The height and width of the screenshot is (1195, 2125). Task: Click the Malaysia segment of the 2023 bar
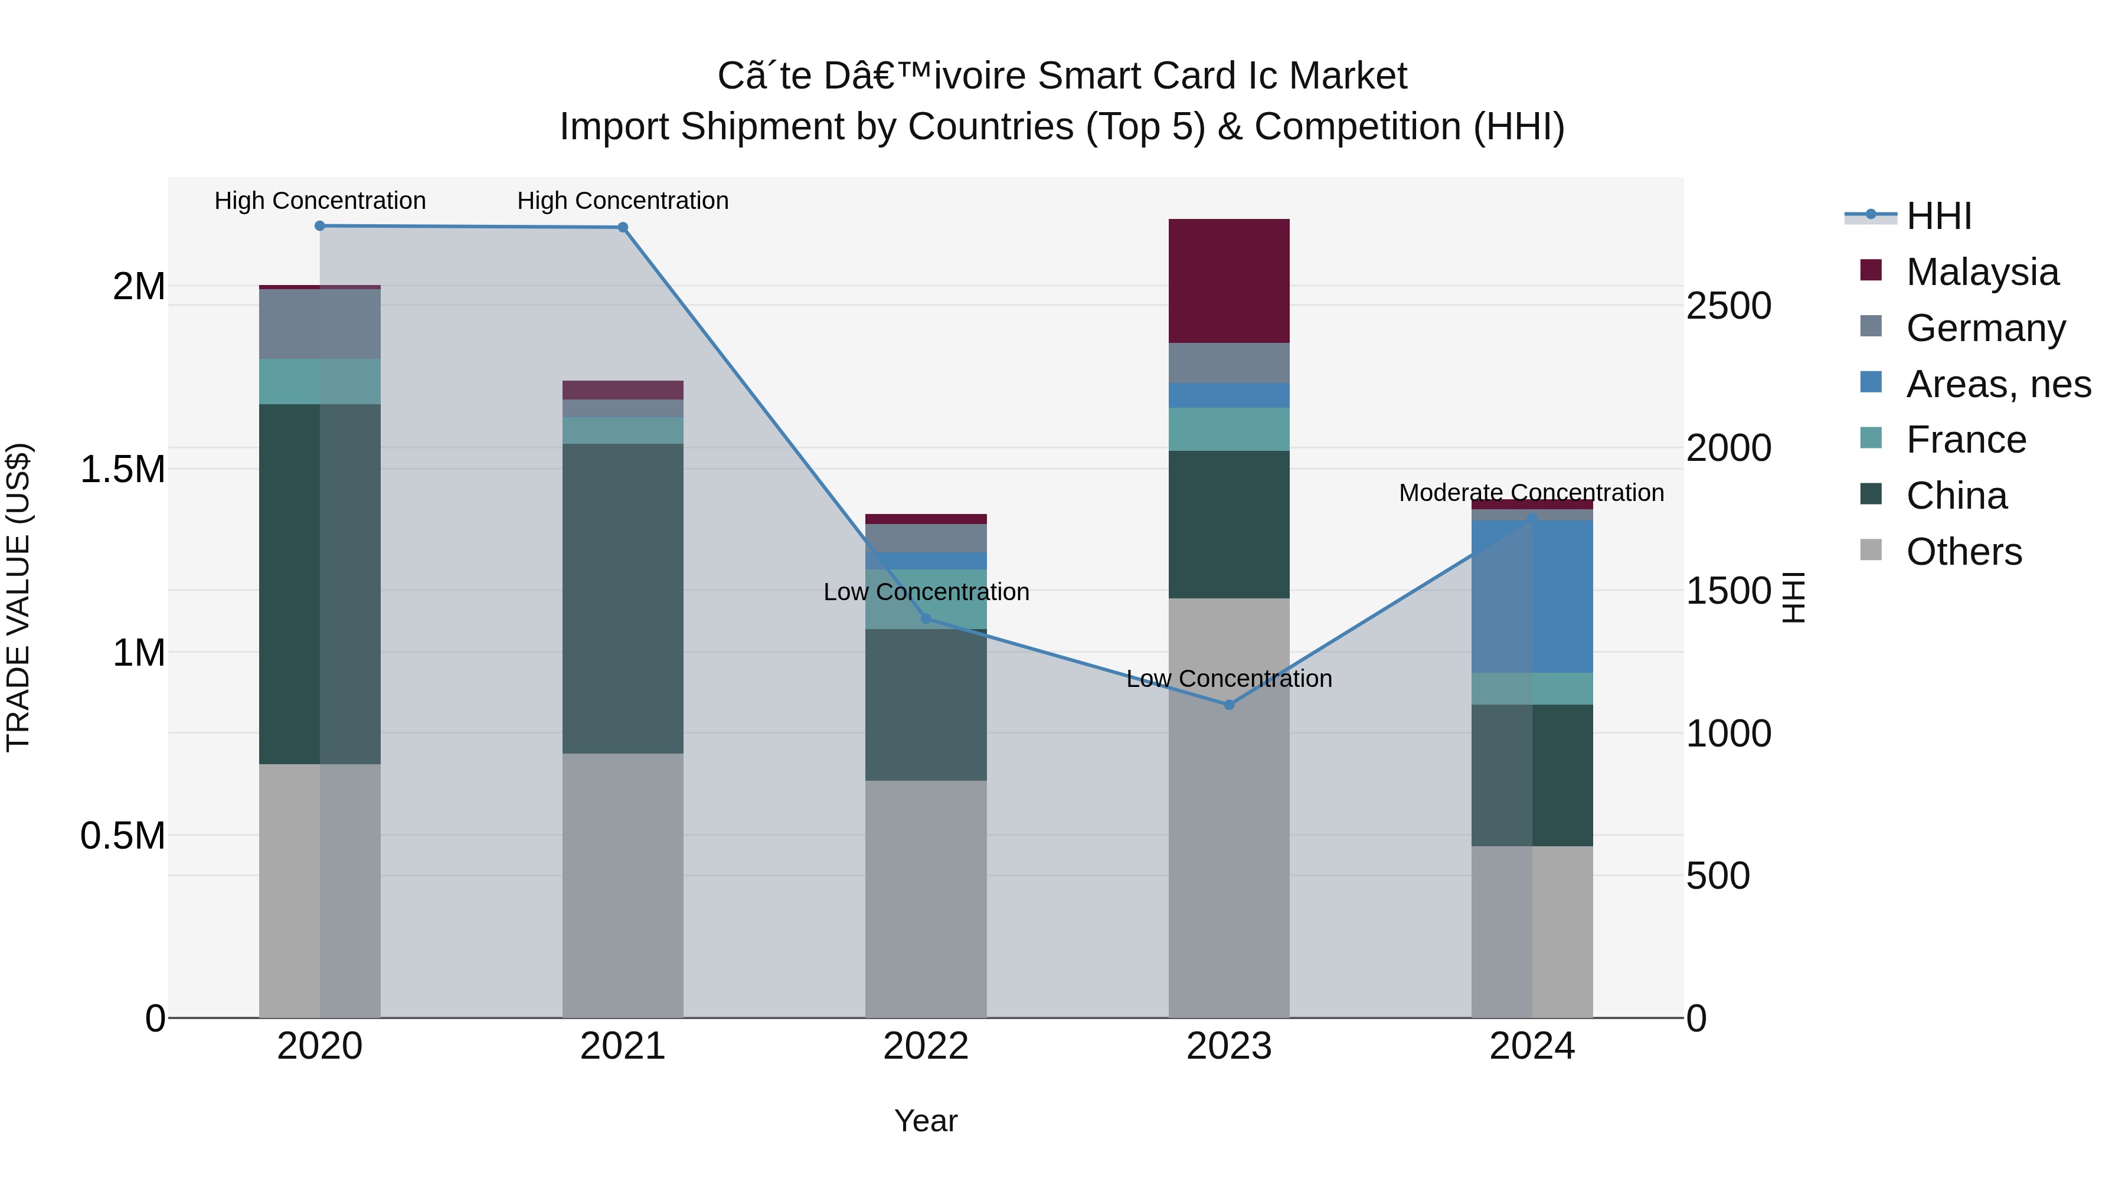1228,280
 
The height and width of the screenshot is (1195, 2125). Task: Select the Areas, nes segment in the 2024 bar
1532,595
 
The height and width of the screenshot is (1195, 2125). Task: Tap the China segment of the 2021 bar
623,598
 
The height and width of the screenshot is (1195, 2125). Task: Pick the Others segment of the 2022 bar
926,898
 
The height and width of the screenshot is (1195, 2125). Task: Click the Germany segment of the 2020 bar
320,323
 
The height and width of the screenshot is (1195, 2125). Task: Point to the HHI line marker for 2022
926,618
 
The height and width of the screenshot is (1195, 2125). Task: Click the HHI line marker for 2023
1228,704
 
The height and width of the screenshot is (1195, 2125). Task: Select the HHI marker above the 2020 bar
320,226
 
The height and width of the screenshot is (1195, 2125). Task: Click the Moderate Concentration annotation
1531,492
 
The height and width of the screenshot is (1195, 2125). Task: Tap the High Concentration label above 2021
623,201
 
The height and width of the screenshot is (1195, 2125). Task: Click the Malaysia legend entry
1982,271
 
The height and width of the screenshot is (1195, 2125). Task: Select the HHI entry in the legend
1938,216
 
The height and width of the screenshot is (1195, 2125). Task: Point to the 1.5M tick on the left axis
122,469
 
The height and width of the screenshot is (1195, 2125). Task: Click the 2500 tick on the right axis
1728,306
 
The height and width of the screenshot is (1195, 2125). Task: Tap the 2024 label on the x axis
1532,1046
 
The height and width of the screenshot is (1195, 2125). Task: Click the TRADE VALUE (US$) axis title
18,597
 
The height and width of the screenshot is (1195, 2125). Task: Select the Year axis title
926,1121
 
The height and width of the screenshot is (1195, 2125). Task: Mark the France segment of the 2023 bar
1228,429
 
